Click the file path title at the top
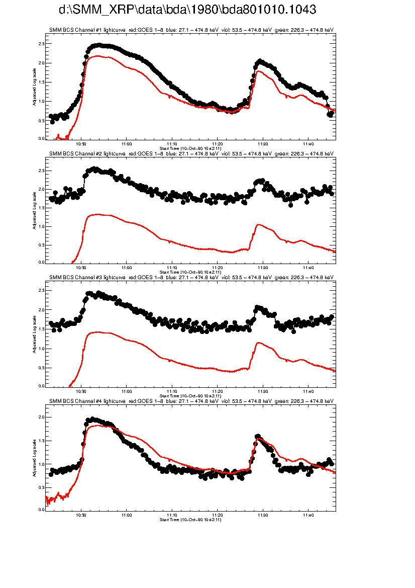tap(187, 10)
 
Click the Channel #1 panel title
tap(191, 30)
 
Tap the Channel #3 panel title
tap(191, 277)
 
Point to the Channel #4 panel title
tap(191, 401)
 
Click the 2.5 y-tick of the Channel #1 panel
tap(41, 44)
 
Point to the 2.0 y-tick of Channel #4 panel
tap(41, 417)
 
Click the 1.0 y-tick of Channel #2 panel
tap(41, 227)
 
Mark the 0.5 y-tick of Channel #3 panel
tap(41, 368)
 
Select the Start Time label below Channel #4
tap(190, 519)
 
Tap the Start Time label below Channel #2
tap(190, 272)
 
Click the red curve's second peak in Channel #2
tap(259, 225)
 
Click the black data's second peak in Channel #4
tap(258, 436)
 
